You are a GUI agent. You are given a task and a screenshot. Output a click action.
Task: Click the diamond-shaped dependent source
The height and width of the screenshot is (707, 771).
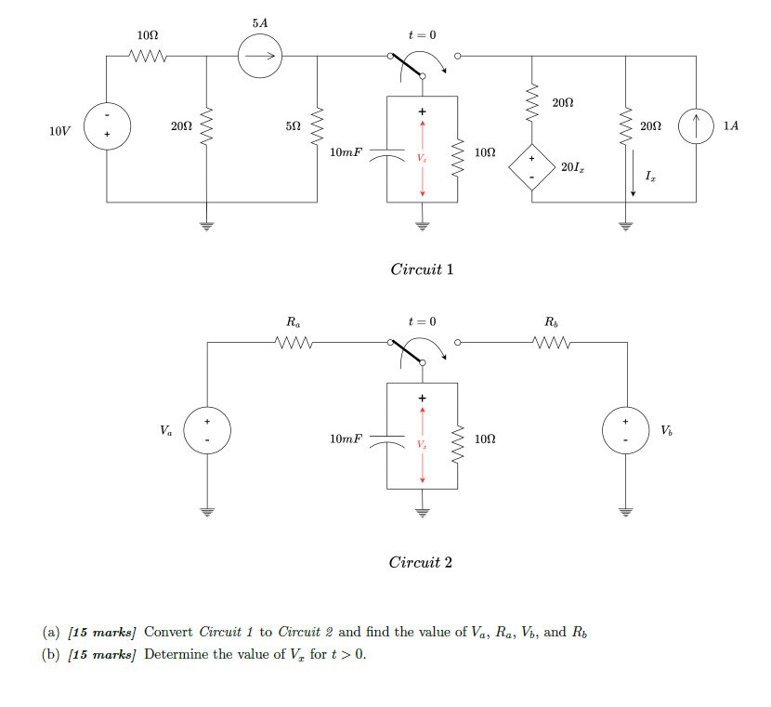click(531, 167)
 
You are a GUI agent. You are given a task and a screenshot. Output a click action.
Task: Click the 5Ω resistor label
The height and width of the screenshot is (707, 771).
click(293, 125)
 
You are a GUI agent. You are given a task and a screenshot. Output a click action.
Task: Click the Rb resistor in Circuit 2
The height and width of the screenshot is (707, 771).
click(552, 343)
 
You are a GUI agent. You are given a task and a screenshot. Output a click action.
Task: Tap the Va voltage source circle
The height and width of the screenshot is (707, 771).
click(207, 431)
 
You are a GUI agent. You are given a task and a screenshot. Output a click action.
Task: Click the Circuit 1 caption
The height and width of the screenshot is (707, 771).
click(422, 270)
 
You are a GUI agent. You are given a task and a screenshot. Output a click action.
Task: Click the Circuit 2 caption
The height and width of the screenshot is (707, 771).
click(422, 563)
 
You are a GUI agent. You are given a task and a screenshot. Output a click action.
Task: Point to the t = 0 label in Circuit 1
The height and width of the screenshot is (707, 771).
click(421, 34)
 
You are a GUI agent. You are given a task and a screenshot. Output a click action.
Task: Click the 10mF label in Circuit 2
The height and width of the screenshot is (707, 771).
click(346, 438)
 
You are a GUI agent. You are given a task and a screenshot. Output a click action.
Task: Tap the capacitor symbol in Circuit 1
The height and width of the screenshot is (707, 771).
click(387, 153)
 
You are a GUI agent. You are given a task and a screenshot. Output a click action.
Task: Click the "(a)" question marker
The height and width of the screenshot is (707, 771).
click(51, 633)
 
